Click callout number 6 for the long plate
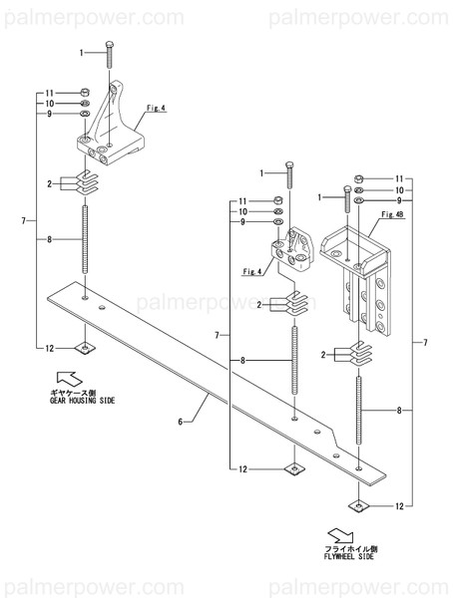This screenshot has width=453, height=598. tap(181, 423)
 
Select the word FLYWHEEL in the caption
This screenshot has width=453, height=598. tap(336, 557)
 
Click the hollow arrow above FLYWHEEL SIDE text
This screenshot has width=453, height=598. tap(340, 532)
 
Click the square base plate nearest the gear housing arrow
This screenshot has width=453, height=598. tap(86, 347)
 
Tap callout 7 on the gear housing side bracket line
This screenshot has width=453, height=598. tap(23, 219)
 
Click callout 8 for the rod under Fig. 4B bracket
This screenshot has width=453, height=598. tap(402, 410)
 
